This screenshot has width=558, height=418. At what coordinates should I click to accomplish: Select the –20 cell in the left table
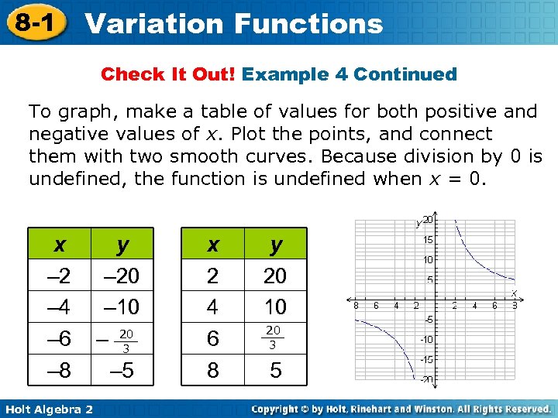(x=122, y=276)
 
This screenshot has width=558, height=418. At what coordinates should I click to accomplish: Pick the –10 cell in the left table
(x=122, y=307)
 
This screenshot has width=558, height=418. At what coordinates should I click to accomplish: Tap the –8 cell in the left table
(x=59, y=371)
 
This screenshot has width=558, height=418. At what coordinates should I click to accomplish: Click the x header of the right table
(x=212, y=244)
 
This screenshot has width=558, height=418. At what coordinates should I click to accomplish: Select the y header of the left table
(x=122, y=244)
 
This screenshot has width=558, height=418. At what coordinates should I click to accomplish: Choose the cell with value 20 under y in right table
(x=275, y=276)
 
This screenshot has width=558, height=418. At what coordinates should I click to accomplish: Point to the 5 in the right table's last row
(x=275, y=371)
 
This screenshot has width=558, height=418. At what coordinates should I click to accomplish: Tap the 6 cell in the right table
(x=212, y=339)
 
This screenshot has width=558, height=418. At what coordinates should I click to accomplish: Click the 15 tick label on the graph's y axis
(x=428, y=239)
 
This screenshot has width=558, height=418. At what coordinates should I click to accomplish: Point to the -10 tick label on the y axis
(x=426, y=339)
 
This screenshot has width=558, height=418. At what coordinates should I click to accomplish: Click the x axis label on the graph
(x=513, y=293)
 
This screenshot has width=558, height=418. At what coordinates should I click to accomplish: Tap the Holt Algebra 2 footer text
(x=48, y=408)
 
